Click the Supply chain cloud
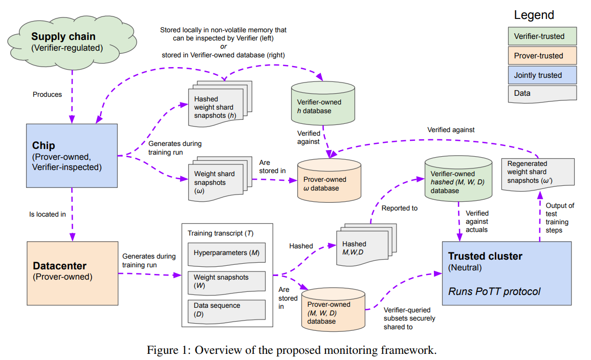point(72,43)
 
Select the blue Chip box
point(72,156)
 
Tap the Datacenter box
point(72,273)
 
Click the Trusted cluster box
point(507,273)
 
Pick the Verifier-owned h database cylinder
point(323,103)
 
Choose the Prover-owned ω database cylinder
point(329,180)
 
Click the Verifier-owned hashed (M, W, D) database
point(458,179)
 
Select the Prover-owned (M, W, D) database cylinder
point(333,310)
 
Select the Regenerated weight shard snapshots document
point(538,174)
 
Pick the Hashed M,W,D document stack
point(366,244)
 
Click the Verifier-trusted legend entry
point(542,36)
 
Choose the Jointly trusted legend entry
point(542,75)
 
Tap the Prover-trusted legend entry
point(542,55)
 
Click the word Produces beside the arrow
point(47,94)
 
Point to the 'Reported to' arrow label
point(400,208)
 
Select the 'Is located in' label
point(48,215)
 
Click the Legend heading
point(534,15)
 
